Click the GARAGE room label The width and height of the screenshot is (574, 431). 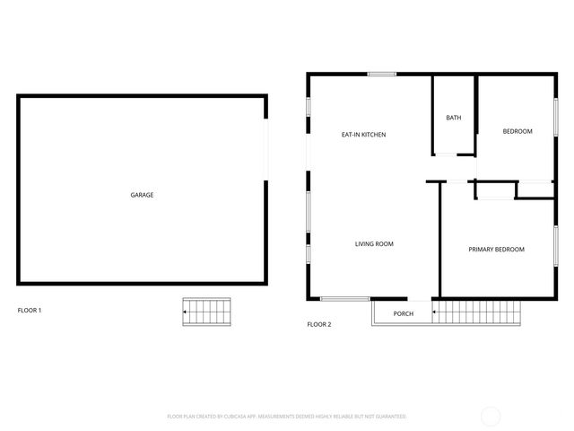(142, 195)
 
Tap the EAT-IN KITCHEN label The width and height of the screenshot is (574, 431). (363, 135)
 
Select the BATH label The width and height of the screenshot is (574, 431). (454, 118)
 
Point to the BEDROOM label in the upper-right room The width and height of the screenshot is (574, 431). (517, 132)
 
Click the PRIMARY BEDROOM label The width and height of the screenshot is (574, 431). (496, 250)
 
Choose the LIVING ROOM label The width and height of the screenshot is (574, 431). (374, 244)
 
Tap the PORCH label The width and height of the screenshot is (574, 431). (404, 313)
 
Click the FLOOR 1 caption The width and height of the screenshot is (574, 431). (30, 311)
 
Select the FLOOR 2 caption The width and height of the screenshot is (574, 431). (319, 324)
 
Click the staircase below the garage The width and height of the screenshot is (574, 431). (207, 312)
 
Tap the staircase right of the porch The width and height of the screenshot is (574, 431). (477, 312)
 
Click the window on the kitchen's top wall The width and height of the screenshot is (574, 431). (382, 74)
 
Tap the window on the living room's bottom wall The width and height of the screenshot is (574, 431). (345, 298)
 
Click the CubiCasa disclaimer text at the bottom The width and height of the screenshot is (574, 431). (287, 417)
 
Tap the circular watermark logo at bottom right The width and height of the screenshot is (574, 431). (491, 416)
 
